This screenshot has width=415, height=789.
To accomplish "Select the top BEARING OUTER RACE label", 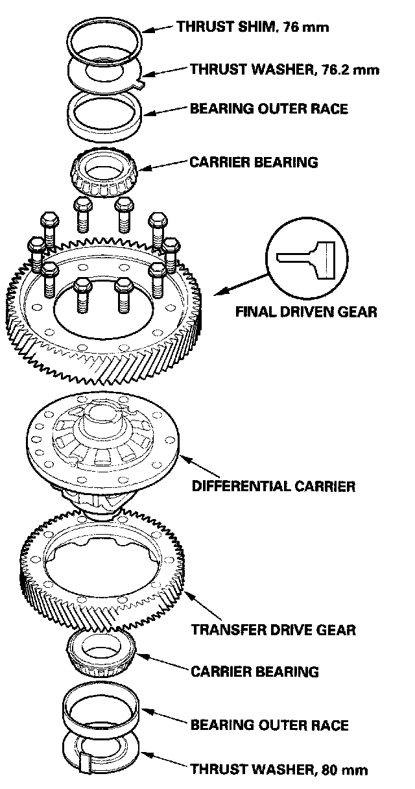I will tap(268, 109).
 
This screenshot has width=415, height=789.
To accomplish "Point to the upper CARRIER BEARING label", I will tap(254, 162).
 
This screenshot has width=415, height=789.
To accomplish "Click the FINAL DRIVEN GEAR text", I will tap(306, 311).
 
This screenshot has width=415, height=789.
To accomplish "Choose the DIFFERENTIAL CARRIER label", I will tap(273, 486).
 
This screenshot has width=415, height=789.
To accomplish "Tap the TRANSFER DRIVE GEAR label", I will tap(273, 629).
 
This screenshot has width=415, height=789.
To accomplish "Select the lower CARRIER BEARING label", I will tap(254, 671).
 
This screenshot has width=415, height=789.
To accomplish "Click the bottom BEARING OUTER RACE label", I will tap(269, 725).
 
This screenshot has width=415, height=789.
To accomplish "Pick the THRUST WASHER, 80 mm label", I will tap(279, 770).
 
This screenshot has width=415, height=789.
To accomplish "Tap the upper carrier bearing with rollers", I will tap(103, 172).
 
